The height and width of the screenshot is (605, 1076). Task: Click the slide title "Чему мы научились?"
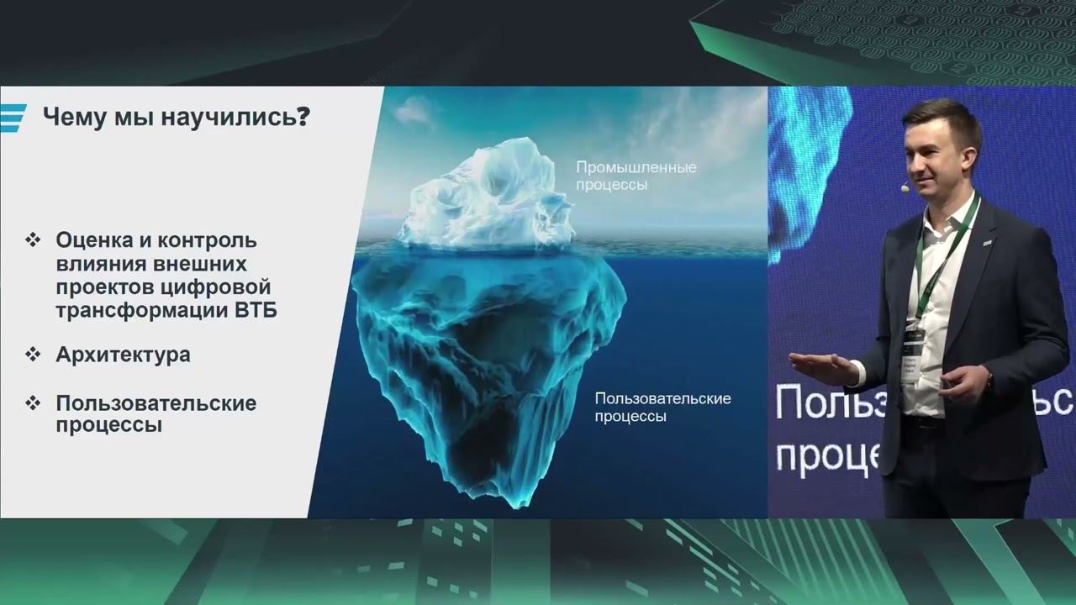click(175, 117)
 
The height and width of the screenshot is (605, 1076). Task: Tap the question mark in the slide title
click(302, 117)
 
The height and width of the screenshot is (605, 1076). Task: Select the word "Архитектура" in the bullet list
click(123, 355)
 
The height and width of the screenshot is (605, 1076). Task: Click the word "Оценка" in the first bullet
click(92, 240)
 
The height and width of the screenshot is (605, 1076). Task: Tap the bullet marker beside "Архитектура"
click(34, 355)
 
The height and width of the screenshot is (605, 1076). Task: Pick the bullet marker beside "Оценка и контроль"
click(34, 240)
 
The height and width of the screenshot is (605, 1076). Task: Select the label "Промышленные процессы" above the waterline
click(636, 176)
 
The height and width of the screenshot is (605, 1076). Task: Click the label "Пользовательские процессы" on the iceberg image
click(662, 407)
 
